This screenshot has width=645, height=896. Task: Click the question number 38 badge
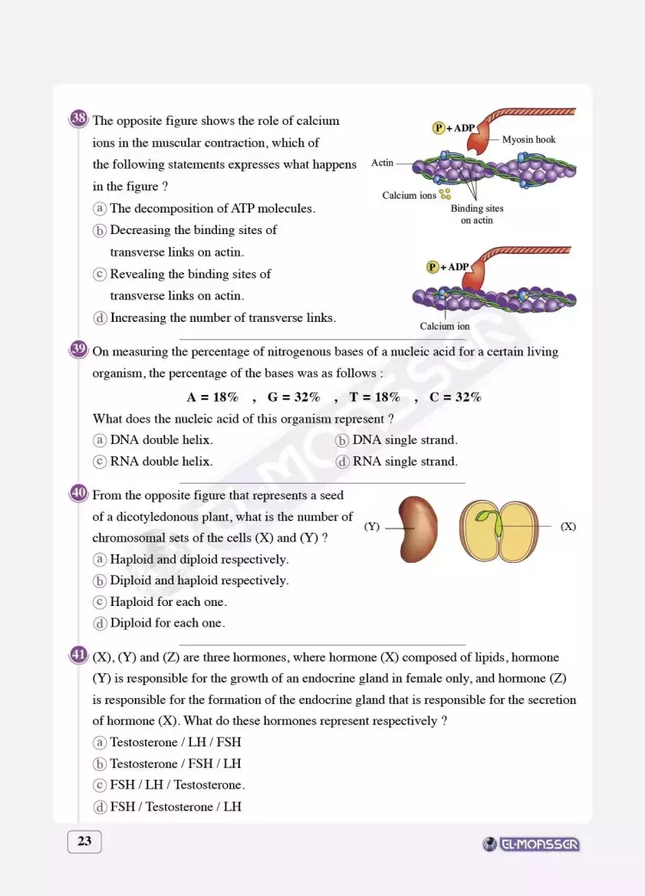[78, 119]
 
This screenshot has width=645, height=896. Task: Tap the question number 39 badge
[78, 349]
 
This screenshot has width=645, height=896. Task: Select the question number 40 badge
[78, 493]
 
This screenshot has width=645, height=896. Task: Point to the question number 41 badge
[78, 655]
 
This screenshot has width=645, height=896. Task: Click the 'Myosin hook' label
[529, 139]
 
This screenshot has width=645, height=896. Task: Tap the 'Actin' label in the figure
[383, 163]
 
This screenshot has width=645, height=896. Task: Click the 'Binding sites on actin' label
[476, 214]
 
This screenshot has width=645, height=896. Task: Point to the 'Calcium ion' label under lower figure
[445, 326]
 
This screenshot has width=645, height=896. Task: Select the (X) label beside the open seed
[568, 526]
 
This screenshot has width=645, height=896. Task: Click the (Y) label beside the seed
[372, 526]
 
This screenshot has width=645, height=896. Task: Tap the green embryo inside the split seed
[488, 521]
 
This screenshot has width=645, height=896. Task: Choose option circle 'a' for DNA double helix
[100, 440]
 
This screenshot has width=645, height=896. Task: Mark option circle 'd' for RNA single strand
[342, 461]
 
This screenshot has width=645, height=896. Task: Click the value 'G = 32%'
[293, 397]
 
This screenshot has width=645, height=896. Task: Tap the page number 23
[84, 841]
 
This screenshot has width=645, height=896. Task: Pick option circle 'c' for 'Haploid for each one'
[100, 602]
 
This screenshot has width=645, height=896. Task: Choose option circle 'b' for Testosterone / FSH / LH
[100, 763]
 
